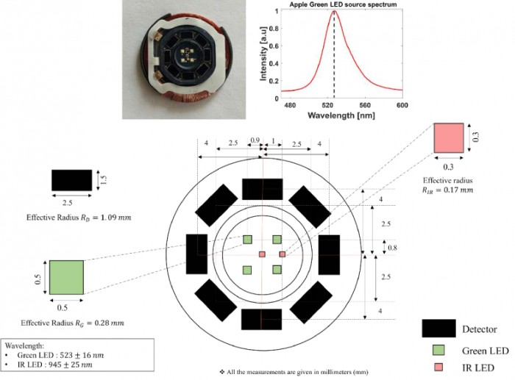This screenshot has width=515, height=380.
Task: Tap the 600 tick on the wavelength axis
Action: [x=402, y=105]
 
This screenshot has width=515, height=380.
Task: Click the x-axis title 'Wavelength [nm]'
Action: [x=335, y=115]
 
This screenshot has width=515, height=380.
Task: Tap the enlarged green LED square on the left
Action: [x=66, y=279]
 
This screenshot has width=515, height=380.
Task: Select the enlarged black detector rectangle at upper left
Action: [x=72, y=180]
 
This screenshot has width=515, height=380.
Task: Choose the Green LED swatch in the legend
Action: [x=437, y=348]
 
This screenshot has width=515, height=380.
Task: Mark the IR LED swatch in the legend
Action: [x=437, y=367]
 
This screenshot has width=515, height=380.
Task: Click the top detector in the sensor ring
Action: [x=263, y=189]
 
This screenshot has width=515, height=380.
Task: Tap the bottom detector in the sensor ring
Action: [x=262, y=319]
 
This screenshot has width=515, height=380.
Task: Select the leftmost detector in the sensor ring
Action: [x=197, y=254]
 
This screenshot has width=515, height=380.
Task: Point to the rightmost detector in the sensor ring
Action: [x=328, y=254]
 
